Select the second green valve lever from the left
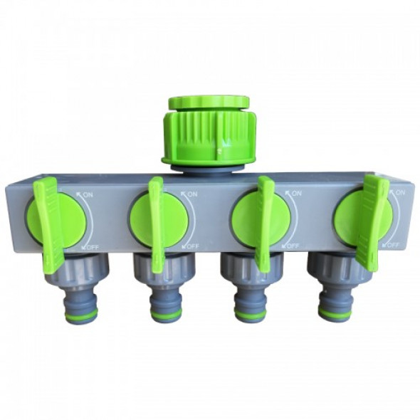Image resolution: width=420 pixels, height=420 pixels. [157, 224]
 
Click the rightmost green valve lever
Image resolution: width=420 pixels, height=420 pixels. [372, 221]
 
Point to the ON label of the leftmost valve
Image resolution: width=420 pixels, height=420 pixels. [88, 194]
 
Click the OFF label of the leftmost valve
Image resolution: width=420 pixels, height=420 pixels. [92, 248]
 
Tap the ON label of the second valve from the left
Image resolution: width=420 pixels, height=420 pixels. [192, 194]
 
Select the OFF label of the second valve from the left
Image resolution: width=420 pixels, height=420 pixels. [193, 246]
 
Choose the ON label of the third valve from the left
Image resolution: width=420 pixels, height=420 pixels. [296, 193]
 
